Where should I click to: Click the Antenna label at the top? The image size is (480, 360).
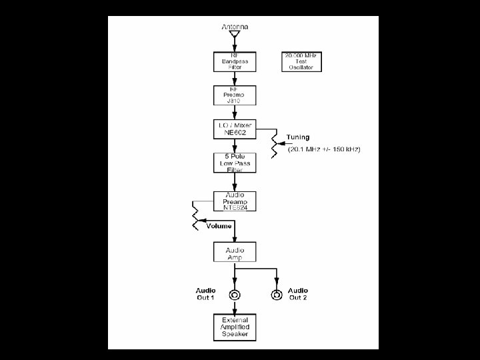pos(235,26)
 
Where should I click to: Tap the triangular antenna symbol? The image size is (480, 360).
pos(235,35)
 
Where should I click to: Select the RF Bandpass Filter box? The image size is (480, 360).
pos(235,62)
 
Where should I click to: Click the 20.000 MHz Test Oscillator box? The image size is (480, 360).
pos(303,62)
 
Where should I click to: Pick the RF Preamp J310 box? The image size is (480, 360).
pos(235,95)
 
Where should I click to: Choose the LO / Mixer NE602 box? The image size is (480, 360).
pos(235,129)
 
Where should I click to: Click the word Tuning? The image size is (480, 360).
pos(298,137)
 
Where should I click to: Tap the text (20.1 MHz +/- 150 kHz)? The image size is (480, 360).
pos(324,149)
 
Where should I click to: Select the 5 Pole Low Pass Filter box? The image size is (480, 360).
pos(235,163)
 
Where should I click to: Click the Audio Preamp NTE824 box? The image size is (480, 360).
pos(235,201)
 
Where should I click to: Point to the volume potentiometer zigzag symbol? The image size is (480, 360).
pos(195,217)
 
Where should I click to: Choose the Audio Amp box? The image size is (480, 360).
pos(235,253)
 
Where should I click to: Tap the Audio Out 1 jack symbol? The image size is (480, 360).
pos(235,295)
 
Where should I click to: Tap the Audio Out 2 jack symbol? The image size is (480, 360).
pos(276,295)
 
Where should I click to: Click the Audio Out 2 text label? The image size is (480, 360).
pos(298,294)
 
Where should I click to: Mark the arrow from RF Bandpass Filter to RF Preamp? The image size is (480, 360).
pos(235,79)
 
